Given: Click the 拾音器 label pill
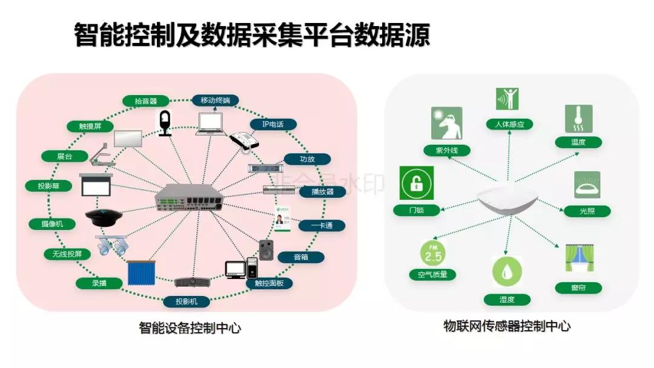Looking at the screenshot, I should click(146, 101).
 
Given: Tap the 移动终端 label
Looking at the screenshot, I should click(215, 100).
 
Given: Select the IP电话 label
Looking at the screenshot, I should click(273, 124).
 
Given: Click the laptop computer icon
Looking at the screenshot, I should click(212, 124).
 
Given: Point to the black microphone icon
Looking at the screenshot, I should click(165, 123).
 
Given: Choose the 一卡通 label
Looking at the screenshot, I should click(322, 225).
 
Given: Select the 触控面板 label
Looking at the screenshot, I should click(269, 283).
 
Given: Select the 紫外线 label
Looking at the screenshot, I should click(447, 150).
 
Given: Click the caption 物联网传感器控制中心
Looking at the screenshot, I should click(506, 326).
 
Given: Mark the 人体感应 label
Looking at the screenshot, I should click(509, 124).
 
